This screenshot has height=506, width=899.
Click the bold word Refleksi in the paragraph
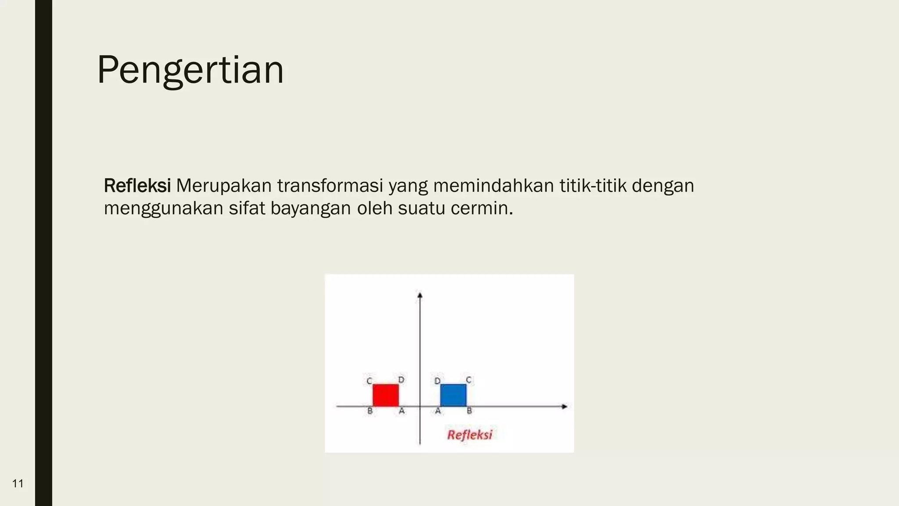137,186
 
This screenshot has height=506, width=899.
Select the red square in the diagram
385,395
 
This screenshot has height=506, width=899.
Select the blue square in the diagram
453,395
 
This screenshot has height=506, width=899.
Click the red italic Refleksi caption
469,435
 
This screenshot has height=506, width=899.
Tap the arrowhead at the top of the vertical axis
420,295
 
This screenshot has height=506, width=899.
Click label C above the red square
369,381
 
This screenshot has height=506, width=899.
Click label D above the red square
401,379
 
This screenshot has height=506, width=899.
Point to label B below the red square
370,411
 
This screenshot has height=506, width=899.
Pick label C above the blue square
468,380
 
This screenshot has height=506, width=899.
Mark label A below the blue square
438,411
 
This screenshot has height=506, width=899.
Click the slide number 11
18,484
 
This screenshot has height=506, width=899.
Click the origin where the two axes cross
420,406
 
